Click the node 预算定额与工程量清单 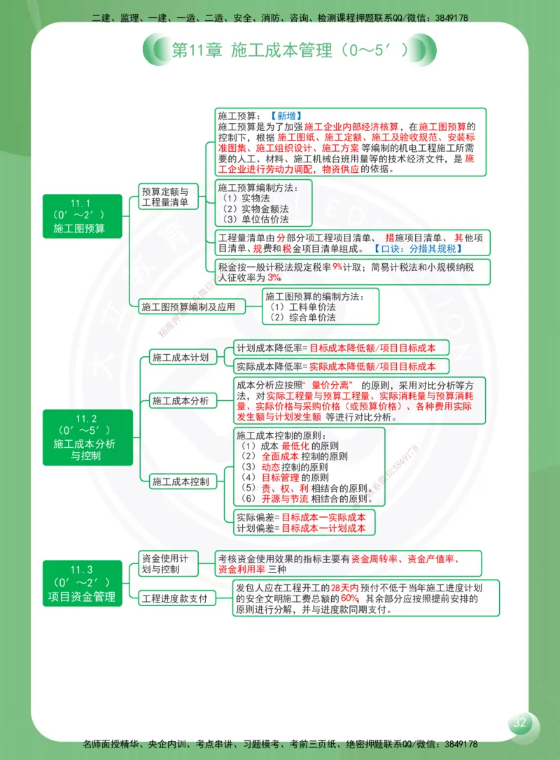pyautogui.click(x=164, y=197)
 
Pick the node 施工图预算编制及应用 pyautogui.click(x=188, y=306)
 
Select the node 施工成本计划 pyautogui.click(x=180, y=358)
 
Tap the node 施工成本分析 pyautogui.click(x=180, y=401)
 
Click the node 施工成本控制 pyautogui.click(x=180, y=481)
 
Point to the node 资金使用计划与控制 pyautogui.click(x=164, y=563)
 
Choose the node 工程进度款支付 pyautogui.click(x=174, y=598)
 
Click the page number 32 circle pyautogui.click(x=519, y=724)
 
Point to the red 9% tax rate pyautogui.click(x=337, y=267)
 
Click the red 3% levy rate pyautogui.click(x=274, y=278)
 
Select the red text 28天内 pyautogui.click(x=345, y=588)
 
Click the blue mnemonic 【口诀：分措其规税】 pyautogui.click(x=416, y=248)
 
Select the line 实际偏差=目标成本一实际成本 pyautogui.click(x=301, y=517)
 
